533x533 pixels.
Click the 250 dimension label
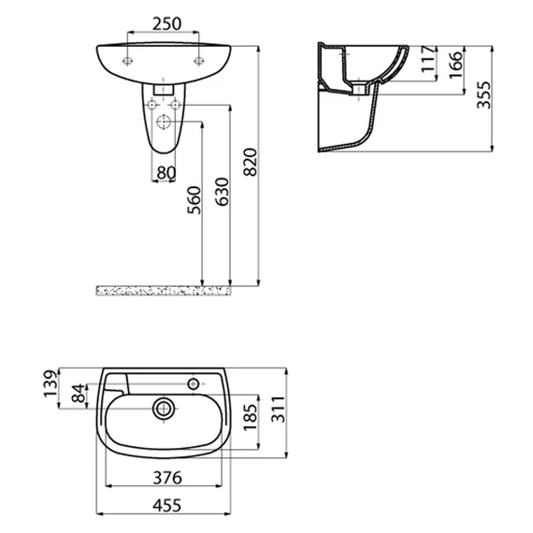click(166, 23)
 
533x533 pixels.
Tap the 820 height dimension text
click(251, 162)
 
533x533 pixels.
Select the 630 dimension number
click(223, 192)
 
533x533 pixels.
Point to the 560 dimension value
click(194, 200)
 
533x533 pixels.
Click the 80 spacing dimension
click(166, 173)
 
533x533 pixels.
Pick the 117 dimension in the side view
click(428, 59)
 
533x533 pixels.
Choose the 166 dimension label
click(456, 65)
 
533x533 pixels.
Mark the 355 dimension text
click(484, 94)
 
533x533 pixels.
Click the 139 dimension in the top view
click(50, 383)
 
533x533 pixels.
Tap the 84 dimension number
click(79, 393)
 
